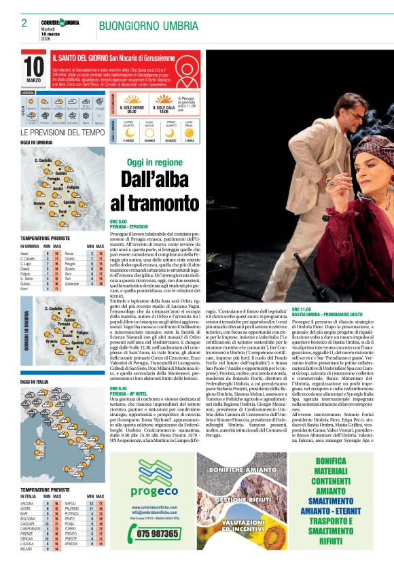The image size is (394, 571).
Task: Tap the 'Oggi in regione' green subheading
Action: (x=155, y=162)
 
